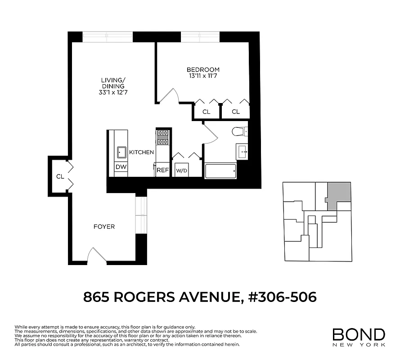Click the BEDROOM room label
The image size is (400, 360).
[203, 70]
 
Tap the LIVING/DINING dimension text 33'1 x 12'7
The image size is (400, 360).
[113, 92]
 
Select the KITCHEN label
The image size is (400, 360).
[141, 153]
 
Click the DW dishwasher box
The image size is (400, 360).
[121, 167]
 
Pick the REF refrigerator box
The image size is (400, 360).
[162, 170]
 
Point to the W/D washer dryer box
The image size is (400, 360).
[181, 171]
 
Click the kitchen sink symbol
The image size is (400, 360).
[121, 152]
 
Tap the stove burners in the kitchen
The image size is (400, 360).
[162, 137]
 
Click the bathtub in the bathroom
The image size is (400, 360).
[220, 171]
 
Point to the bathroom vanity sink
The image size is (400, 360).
[242, 152]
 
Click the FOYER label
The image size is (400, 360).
[104, 226]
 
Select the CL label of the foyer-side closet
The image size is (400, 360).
[60, 176]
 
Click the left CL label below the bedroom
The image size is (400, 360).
[206, 112]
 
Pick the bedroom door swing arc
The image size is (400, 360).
[170, 95]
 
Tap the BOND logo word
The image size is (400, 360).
[359, 334]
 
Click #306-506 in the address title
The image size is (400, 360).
[283, 297]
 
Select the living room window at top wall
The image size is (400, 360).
[108, 36]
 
